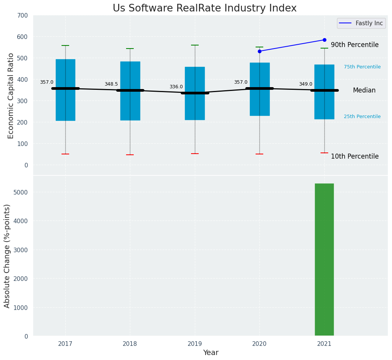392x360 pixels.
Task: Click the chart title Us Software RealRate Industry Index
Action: pos(204,8)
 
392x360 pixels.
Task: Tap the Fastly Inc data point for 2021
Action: pos(324,40)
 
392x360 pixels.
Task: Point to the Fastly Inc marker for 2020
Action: pos(259,51)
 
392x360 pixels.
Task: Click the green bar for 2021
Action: pos(324,260)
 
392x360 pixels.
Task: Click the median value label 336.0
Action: pos(176,87)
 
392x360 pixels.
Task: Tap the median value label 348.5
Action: pos(111,84)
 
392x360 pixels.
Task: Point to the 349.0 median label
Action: pos(306,84)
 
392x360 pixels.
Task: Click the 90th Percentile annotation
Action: pos(355,45)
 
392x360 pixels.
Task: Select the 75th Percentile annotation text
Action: pos(362,67)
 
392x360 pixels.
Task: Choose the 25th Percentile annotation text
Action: pos(362,117)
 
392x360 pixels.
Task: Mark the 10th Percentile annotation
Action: pos(355,157)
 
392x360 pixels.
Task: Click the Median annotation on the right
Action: pos(364,91)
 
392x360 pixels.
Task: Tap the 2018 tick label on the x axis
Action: pos(130,344)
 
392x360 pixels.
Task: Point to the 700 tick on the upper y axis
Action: pos(23,16)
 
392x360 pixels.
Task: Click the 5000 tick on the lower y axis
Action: pos(21,192)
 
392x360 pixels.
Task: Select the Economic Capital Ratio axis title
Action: pos(11,96)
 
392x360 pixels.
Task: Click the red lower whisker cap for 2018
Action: pos(130,155)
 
